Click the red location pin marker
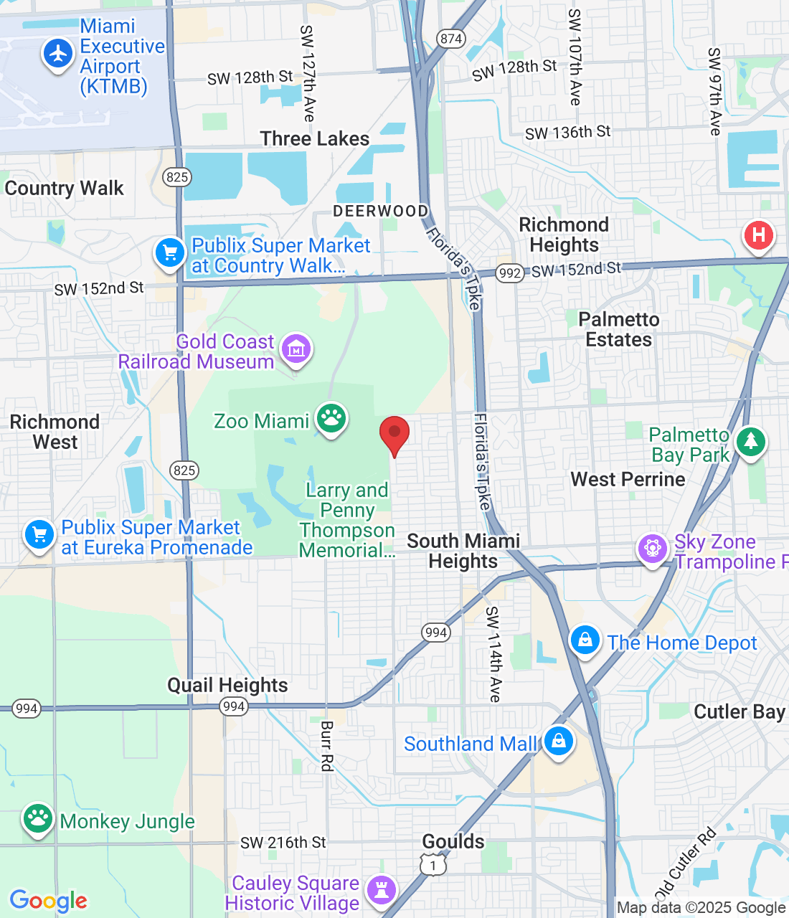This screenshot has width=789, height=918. (x=394, y=433)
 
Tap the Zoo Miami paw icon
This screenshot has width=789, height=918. (x=331, y=417)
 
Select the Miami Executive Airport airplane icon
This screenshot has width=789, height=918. (x=58, y=54)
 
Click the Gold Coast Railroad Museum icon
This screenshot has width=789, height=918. (x=296, y=349)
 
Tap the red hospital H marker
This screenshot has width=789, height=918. (x=758, y=235)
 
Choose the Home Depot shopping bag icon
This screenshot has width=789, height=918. (x=585, y=640)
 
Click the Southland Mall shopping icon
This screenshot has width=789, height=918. (x=558, y=741)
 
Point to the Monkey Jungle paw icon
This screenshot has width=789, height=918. (x=38, y=818)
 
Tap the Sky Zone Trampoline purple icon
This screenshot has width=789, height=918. (x=653, y=549)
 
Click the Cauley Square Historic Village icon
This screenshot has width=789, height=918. (x=382, y=891)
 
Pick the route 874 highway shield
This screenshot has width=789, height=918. (x=451, y=39)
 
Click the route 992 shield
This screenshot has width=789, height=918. (x=509, y=273)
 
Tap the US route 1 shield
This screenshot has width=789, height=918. (x=433, y=866)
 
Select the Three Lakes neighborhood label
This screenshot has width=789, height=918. (x=315, y=139)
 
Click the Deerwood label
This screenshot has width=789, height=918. (x=380, y=211)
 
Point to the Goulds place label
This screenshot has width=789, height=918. (x=453, y=841)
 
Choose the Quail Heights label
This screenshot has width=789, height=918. (x=227, y=686)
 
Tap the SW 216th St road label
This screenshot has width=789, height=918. (x=283, y=843)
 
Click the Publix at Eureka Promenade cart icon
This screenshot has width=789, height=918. (x=39, y=535)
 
